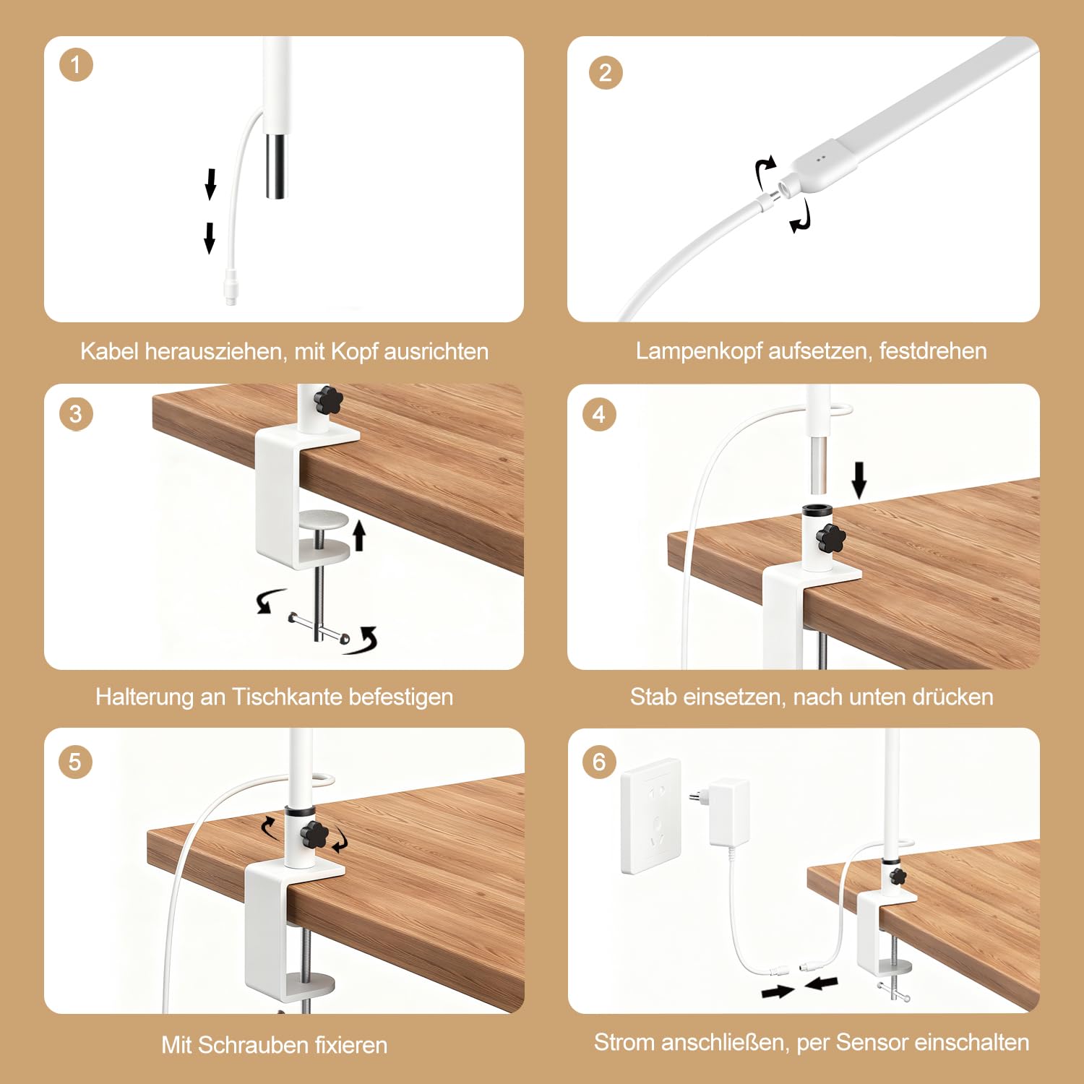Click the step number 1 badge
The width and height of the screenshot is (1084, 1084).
[x=76, y=65]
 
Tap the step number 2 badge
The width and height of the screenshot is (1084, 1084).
[x=606, y=72]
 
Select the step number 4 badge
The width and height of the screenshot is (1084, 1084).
[x=599, y=415]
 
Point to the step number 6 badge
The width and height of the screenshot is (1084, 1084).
[x=599, y=762]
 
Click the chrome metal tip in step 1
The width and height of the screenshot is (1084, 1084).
[x=276, y=165]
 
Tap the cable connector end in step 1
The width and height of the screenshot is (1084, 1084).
[x=231, y=287]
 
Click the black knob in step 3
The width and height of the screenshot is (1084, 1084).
[x=329, y=400]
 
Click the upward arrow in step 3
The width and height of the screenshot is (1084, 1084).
[x=359, y=536]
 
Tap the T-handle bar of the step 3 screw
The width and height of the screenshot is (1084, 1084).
[x=319, y=627]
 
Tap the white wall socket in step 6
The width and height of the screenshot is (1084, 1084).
[x=651, y=815]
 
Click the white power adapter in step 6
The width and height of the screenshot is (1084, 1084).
[x=726, y=812]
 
